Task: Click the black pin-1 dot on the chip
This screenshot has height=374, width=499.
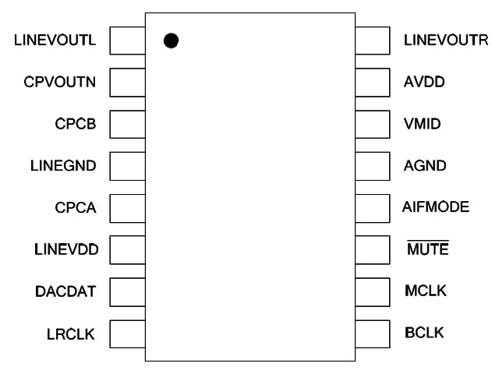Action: (x=172, y=40)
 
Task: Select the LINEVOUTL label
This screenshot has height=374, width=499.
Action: (x=55, y=40)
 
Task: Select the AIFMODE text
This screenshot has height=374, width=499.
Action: (x=435, y=207)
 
